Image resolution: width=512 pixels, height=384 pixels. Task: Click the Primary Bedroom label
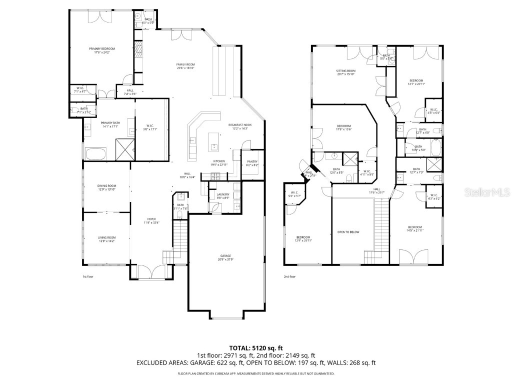(x=102, y=49)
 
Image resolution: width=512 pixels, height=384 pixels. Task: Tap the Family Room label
(x=185, y=65)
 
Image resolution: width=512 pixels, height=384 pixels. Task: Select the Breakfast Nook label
(x=240, y=125)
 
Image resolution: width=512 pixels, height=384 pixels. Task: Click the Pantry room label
(x=252, y=162)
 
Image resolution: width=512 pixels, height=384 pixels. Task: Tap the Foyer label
(x=151, y=219)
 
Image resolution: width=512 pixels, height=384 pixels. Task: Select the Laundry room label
(x=222, y=195)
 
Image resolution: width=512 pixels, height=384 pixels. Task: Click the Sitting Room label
(x=345, y=71)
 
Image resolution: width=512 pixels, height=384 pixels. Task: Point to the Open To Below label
(x=348, y=232)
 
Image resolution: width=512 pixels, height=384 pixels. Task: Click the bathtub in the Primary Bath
(x=95, y=152)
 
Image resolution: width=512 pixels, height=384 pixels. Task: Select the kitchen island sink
(x=214, y=146)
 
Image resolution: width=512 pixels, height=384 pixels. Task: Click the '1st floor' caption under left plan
(x=87, y=276)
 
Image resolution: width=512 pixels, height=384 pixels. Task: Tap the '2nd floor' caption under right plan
(x=289, y=276)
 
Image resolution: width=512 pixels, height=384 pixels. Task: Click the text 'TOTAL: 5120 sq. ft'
(x=255, y=347)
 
